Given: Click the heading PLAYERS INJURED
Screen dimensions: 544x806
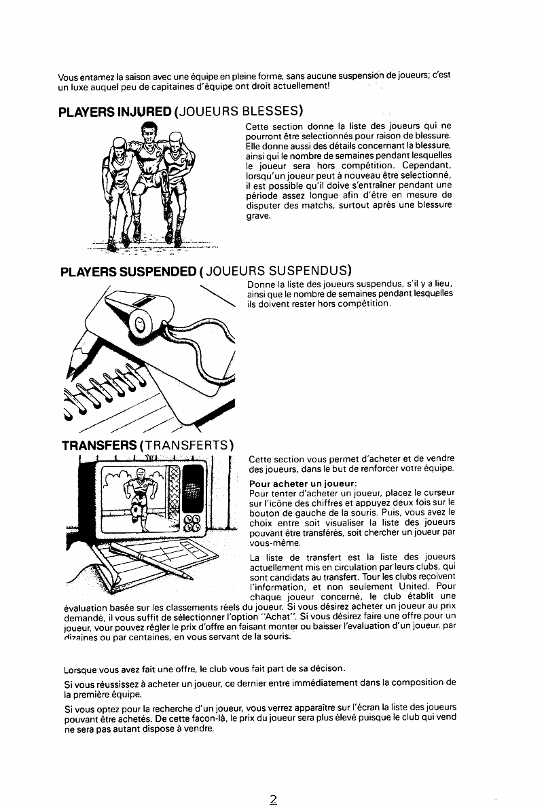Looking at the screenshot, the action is click(115, 111).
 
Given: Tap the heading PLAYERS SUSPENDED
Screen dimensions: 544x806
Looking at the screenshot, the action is click(128, 272).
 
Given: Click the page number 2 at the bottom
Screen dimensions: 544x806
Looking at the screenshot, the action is click(273, 799).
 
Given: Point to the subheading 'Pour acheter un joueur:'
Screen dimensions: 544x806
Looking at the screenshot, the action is click(303, 483).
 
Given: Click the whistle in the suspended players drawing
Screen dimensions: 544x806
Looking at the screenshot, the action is click(149, 314).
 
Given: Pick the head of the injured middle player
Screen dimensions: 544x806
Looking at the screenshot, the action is click(149, 136).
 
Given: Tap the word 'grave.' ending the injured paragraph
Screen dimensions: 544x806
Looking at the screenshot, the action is click(258, 216).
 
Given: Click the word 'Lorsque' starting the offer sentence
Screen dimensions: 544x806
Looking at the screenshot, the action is click(80, 670).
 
